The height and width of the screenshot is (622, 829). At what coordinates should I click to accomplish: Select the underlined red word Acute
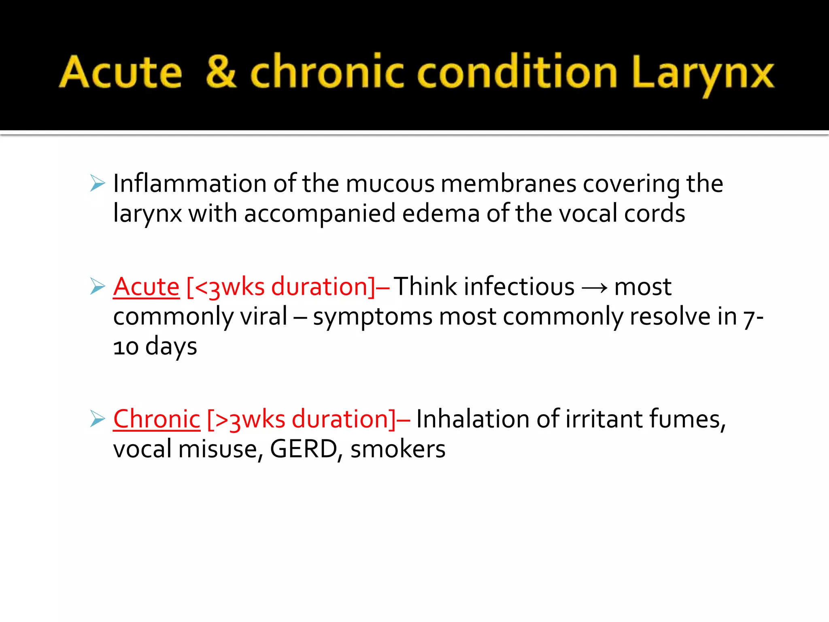146,287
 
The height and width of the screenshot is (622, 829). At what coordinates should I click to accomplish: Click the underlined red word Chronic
157,419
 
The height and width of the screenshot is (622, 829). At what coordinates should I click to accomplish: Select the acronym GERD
303,449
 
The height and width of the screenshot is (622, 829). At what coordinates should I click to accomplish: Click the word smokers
398,449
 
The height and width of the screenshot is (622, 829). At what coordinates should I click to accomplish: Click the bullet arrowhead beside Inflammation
98,183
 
